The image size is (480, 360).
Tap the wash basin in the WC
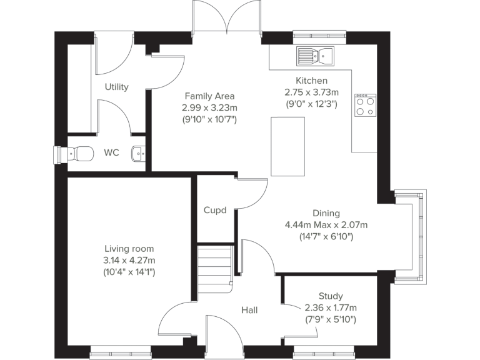[x=139, y=152]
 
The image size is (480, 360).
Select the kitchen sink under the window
[x=316, y=56]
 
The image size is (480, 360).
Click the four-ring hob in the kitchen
[x=365, y=105]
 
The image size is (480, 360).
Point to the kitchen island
[x=287, y=146]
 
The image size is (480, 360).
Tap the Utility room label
[x=116, y=87]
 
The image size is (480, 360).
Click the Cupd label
[x=215, y=211]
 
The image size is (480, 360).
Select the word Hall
[x=249, y=310]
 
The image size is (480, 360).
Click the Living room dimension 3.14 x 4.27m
[x=129, y=260]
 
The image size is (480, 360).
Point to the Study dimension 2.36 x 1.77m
[x=330, y=307]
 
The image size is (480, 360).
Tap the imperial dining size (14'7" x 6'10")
[x=326, y=236]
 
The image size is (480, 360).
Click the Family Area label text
[x=209, y=96]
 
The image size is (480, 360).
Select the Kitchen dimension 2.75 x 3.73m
[x=311, y=92]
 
